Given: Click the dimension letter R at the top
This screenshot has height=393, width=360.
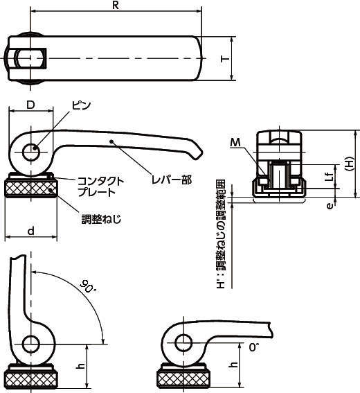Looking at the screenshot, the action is coord(116,6).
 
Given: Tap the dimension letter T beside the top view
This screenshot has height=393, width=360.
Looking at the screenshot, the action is coord(225,59).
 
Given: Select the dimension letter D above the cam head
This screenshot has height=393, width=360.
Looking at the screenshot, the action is coord(30,105).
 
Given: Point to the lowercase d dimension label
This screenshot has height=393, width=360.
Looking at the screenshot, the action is coord(30,231).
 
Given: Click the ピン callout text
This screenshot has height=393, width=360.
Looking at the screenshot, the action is coord(82,105).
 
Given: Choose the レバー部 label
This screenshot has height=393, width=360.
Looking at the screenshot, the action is coord(172,180).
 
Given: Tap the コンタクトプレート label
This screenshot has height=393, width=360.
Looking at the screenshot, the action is coord(100,186).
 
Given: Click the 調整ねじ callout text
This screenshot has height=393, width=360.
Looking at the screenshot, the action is coord(102,219).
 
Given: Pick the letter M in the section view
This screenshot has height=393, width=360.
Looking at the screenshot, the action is coord(235,143).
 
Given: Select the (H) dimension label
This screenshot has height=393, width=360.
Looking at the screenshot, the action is coord(349,164).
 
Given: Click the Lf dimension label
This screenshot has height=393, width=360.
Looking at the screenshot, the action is coord(331,177).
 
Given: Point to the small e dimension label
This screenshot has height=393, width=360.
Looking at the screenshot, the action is coord(330,206).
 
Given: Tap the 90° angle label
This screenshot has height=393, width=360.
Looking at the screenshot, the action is coord(88,287).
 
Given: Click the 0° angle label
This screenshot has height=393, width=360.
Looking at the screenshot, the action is coord(254,347).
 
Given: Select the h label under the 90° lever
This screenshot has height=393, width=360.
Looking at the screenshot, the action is coord(80,366).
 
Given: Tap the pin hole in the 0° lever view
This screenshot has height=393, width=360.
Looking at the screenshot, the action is coord(183,342).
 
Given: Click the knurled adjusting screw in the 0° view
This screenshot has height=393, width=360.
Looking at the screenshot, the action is coord(184,378).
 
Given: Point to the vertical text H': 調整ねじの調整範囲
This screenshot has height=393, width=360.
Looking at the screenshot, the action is coord(221,234).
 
